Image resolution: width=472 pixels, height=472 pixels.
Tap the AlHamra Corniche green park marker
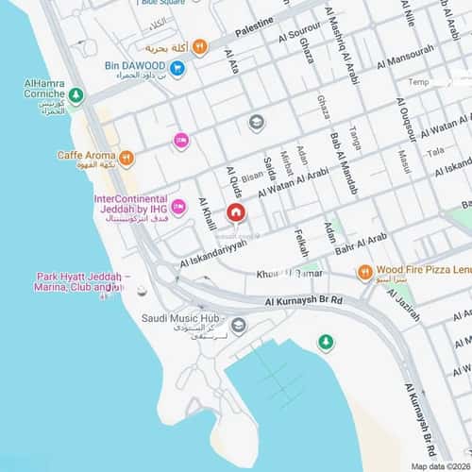tap(76, 95)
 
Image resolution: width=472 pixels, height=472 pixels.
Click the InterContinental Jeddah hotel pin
tap(178, 207)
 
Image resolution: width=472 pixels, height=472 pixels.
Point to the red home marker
tap(235, 212)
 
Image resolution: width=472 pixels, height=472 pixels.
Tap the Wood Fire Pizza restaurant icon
tap(364, 273)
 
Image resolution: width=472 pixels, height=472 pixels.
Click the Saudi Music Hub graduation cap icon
tap(239, 326)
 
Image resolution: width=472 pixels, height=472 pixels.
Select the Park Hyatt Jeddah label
tap(83, 282)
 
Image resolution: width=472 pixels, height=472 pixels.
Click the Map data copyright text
tap(438, 465)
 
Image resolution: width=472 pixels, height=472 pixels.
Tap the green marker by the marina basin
tap(326, 341)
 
